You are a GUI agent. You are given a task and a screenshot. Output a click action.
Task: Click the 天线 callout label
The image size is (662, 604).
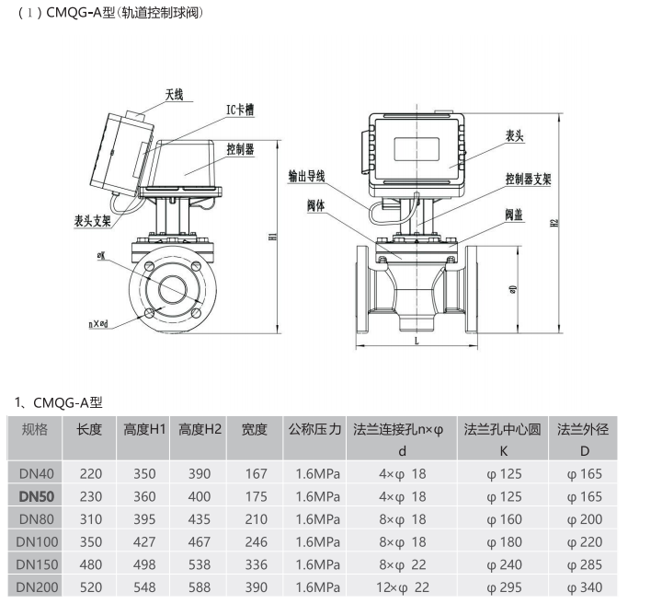(x=174, y=95)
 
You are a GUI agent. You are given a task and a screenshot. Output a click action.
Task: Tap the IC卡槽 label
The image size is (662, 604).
(x=240, y=110)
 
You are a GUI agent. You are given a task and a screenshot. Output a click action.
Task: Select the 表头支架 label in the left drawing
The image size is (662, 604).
(x=93, y=221)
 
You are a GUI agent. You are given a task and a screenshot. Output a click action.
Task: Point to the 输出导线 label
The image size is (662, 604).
(x=306, y=176)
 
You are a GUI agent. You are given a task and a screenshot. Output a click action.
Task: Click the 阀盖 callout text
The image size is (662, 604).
(x=514, y=215)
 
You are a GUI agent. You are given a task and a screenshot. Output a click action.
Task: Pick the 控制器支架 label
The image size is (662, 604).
(x=529, y=180)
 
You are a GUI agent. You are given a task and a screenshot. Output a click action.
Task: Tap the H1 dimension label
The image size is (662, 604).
(x=273, y=237)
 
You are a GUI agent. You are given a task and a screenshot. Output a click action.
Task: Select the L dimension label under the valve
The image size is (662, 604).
(x=417, y=341)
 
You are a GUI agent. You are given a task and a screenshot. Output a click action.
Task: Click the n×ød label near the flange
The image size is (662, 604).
(x=98, y=324)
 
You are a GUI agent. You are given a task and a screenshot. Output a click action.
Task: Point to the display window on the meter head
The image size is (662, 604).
(x=417, y=149)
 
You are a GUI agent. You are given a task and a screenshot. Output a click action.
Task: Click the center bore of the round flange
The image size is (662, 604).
(x=172, y=289)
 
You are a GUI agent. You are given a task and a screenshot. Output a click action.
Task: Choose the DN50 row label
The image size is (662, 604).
(x=36, y=496)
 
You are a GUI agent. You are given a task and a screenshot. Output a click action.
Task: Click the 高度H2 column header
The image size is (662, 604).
(x=200, y=429)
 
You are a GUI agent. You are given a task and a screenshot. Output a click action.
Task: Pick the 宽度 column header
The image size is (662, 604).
(x=255, y=429)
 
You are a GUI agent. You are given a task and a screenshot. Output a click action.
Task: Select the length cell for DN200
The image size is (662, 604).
(x=91, y=587)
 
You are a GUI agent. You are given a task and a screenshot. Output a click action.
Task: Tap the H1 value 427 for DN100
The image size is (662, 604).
(x=144, y=542)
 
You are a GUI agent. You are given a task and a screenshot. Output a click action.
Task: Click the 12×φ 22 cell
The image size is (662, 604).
(x=403, y=587)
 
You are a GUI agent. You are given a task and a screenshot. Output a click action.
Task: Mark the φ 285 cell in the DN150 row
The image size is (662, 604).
(x=585, y=564)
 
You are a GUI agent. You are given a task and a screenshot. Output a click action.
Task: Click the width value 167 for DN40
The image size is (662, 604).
(x=257, y=474)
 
